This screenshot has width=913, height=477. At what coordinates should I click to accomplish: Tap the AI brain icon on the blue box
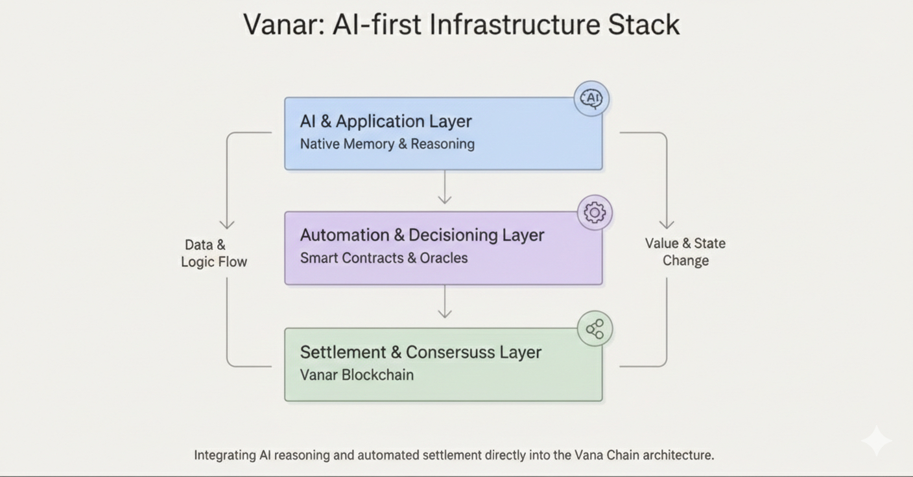(x=591, y=99)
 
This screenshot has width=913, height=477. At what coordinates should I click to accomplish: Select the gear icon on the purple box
(x=595, y=213)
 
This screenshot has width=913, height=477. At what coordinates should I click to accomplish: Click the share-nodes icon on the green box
(x=595, y=329)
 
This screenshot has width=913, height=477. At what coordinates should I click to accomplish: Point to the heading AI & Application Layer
(x=386, y=121)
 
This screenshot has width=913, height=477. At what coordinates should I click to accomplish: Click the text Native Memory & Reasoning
(x=387, y=144)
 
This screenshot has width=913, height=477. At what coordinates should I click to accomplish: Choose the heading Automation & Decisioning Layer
(x=421, y=235)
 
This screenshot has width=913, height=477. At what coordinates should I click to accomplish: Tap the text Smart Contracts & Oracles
(x=383, y=258)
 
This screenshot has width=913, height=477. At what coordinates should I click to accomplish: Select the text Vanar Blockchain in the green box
(x=357, y=375)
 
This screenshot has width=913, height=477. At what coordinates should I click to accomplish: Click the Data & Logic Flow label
(x=213, y=253)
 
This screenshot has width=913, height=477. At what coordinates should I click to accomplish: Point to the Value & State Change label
(x=685, y=252)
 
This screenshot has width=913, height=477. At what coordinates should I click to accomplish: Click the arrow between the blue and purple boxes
(x=444, y=189)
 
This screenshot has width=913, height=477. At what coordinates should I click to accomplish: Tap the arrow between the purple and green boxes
(x=444, y=304)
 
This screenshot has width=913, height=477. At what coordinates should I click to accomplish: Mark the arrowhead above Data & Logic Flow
(x=227, y=224)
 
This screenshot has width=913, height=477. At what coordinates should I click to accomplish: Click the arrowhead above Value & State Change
(x=667, y=224)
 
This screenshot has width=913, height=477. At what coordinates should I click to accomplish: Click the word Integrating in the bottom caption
(x=225, y=455)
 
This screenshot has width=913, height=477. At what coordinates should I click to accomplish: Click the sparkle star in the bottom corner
(x=876, y=441)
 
